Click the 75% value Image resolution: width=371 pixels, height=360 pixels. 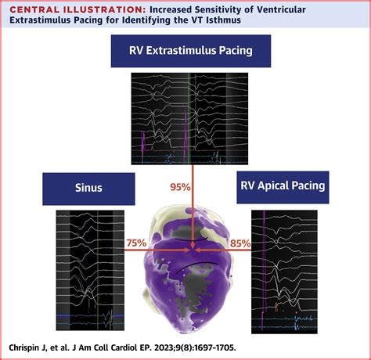(x=135, y=244)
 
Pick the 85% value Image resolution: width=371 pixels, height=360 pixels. (x=240, y=244)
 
